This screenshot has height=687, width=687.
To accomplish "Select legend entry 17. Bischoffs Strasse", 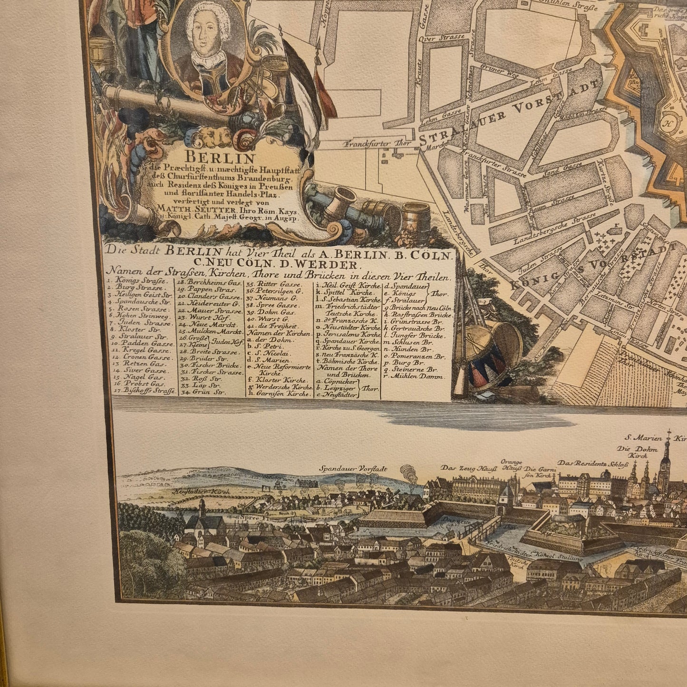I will (x=143, y=391).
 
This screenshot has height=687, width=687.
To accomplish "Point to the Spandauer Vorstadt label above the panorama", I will (x=353, y=468).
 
